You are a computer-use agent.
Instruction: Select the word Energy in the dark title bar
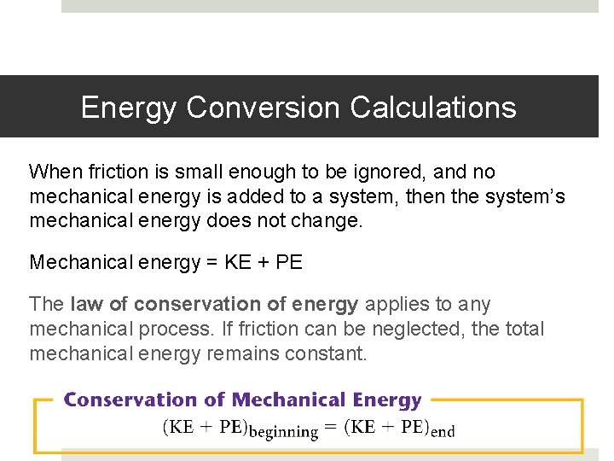pos(129,108)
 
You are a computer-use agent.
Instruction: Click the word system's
pos(524,197)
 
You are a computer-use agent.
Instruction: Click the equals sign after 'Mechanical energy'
pos(209,262)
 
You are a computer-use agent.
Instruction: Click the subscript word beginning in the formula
pos(283,432)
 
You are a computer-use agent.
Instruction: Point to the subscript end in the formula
pos(443,432)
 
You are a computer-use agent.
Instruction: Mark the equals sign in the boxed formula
pos(331,428)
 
